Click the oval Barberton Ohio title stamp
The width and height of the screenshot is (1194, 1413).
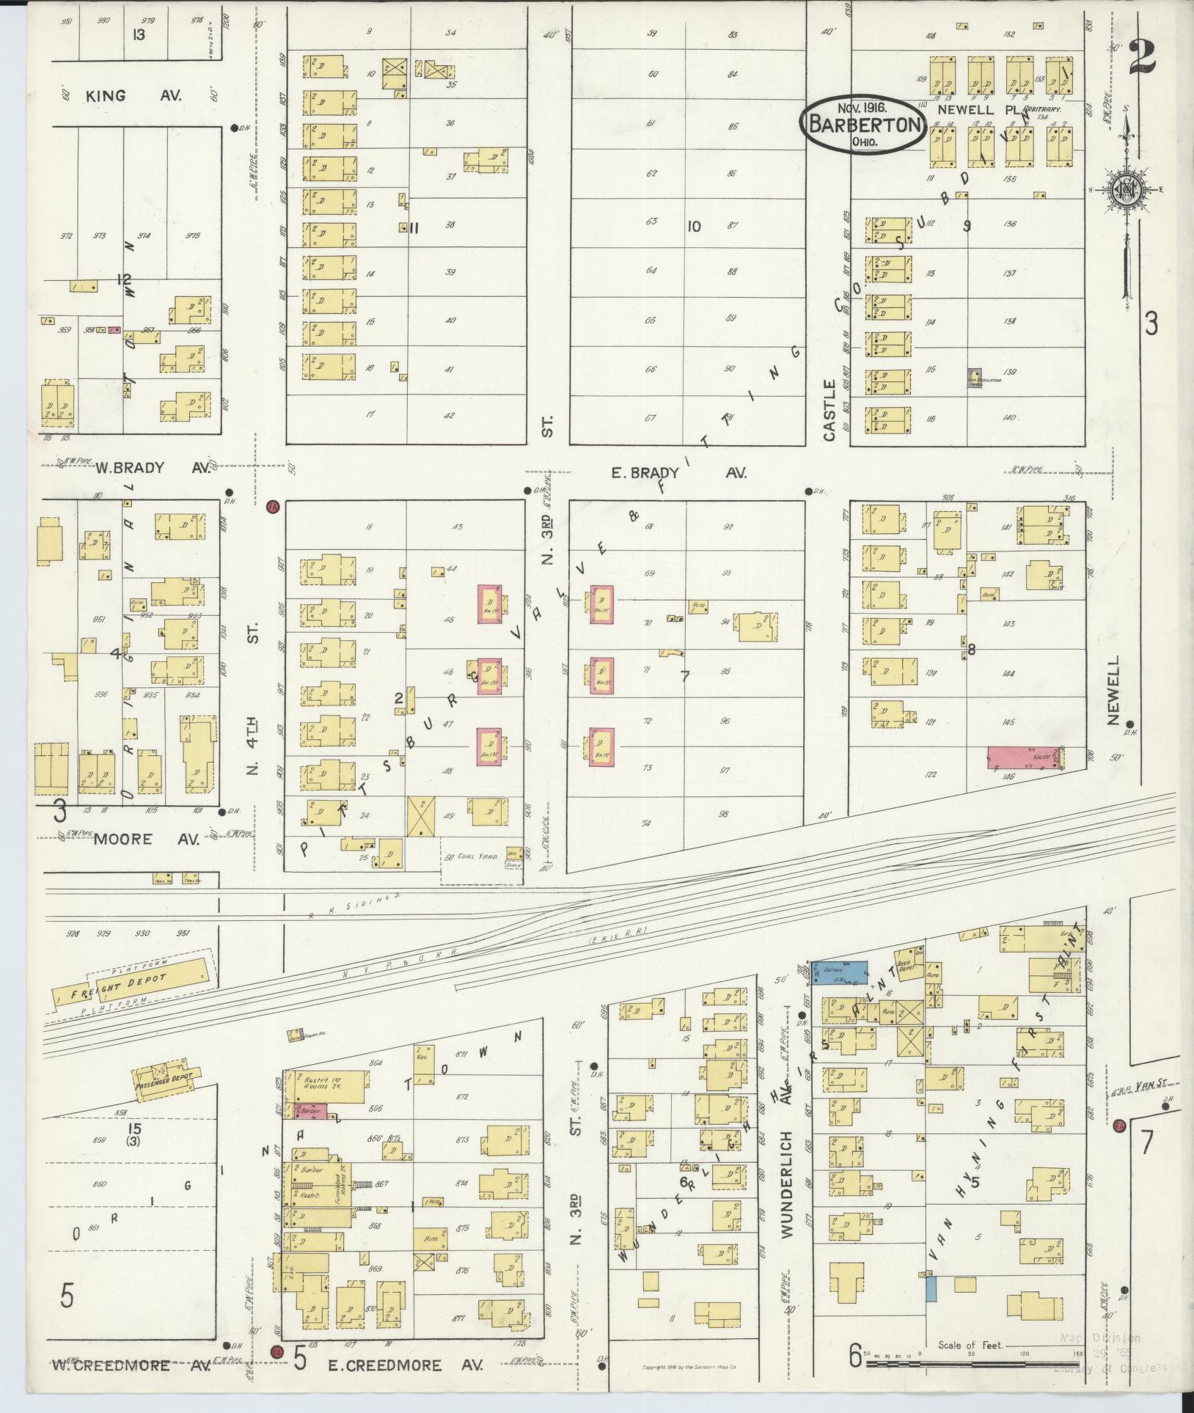point(863,123)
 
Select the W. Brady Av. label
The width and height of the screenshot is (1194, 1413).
point(129,468)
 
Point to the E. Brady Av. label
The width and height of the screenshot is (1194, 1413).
point(678,473)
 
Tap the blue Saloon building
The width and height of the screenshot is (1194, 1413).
point(838,969)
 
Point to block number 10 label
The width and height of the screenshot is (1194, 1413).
point(693,226)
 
